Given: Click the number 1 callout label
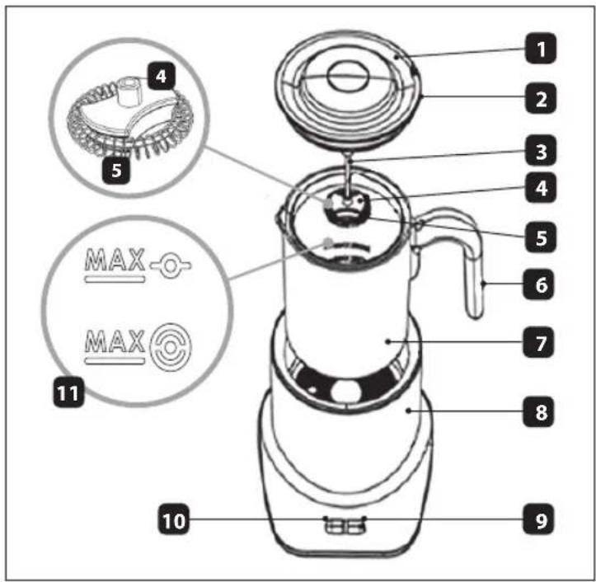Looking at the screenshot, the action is click(541, 49).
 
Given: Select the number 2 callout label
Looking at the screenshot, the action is click(541, 98).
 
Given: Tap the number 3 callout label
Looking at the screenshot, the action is click(541, 151).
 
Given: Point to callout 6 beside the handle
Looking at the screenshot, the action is click(538, 284).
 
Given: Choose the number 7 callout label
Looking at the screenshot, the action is click(538, 342).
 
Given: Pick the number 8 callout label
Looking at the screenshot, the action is click(538, 411).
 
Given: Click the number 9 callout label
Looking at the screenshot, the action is click(538, 519).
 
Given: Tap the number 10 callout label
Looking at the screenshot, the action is click(174, 519).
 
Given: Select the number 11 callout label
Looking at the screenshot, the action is click(68, 392).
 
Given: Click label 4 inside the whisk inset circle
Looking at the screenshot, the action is click(162, 76).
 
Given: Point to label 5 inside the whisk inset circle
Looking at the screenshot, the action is click(117, 170).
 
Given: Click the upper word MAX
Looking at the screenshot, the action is click(115, 260).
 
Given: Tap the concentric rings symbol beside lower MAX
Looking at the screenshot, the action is click(171, 347).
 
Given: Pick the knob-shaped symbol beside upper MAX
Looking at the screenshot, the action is click(171, 265).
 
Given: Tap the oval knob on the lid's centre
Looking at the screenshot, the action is click(349, 76).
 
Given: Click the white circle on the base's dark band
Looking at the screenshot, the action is click(346, 392).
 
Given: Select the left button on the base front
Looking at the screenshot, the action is click(335, 527).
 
